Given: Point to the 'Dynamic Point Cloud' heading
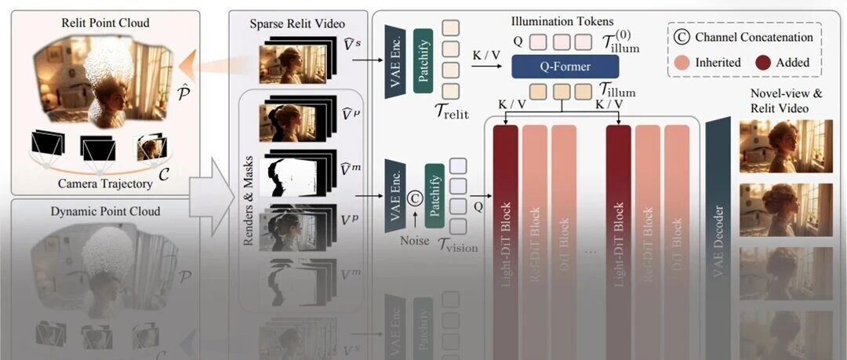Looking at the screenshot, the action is coord(105,211).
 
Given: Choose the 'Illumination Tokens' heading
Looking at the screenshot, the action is coord(562,21).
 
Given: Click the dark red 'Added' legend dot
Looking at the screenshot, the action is coord(765,62).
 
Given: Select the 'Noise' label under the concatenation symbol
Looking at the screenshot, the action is coord(414,241).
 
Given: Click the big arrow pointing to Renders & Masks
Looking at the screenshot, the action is coord(211,196).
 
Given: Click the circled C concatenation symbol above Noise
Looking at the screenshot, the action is coord(415,199).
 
